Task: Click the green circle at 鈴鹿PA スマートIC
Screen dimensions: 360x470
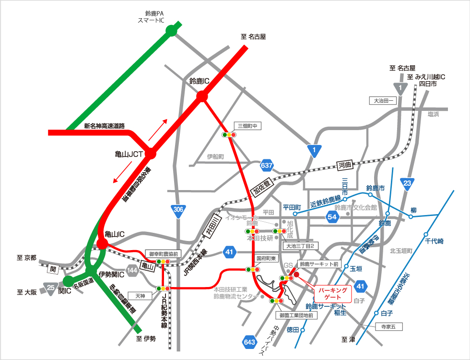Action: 171,31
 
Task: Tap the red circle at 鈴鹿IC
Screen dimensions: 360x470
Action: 202,96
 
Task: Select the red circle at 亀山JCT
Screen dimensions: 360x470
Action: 151,154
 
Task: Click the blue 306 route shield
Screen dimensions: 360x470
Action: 178,210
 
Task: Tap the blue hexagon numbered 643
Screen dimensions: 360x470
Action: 249,342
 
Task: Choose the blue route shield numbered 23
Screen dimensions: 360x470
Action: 407,183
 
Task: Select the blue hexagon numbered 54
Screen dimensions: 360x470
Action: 332,217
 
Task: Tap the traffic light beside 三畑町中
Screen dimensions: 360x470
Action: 229,135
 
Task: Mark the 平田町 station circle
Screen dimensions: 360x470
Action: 295,214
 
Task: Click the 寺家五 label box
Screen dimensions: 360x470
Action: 389,327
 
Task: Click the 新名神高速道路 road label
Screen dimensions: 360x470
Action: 105,126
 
